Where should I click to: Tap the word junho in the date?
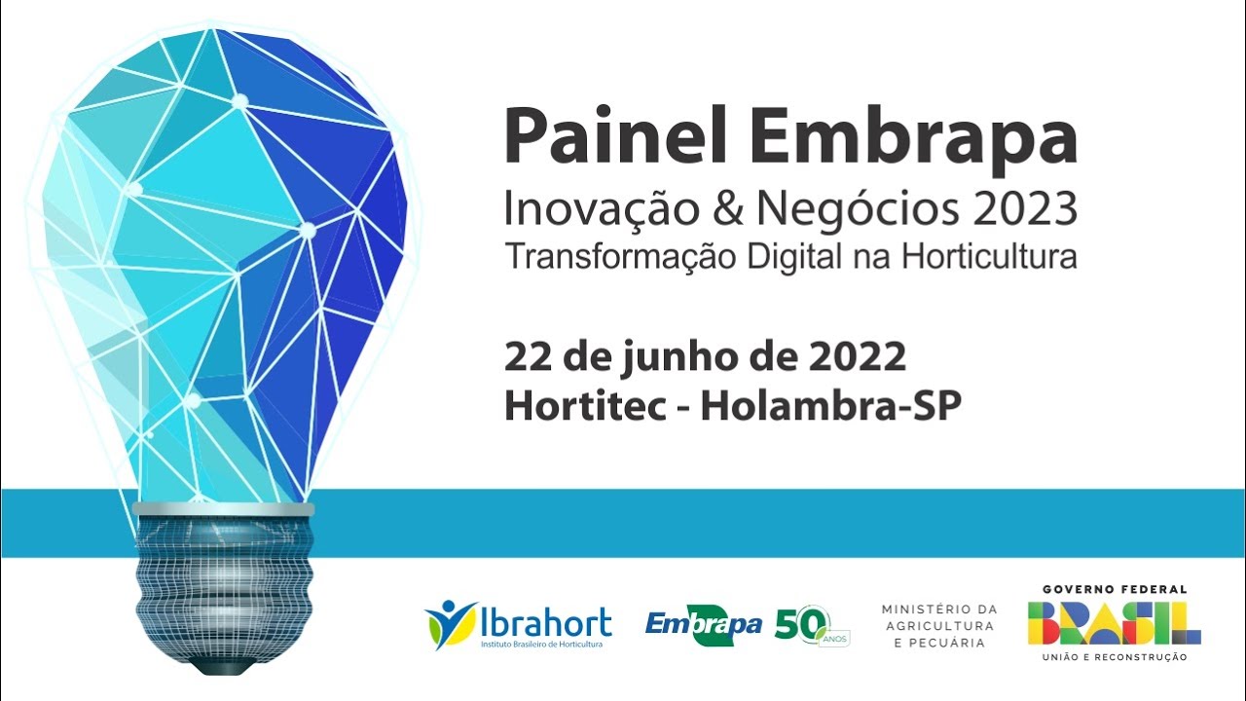tap(671, 358)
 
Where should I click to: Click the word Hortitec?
tap(585, 407)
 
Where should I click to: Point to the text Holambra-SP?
tap(830, 407)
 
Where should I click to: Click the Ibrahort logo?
tap(518, 624)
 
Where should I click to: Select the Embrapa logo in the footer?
tap(703, 624)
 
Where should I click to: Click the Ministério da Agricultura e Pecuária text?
tap(939, 625)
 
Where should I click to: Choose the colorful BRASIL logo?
tap(1114, 623)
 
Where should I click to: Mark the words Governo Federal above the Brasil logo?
tap(1114, 590)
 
